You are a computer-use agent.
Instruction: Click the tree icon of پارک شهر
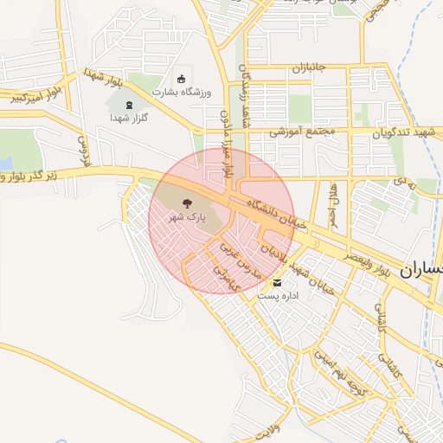185,204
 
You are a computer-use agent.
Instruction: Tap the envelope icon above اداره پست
277,283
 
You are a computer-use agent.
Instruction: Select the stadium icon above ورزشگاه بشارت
180,79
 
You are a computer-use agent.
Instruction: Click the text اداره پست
278,296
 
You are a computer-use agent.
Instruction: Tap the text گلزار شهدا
130,118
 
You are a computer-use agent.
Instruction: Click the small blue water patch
4,163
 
